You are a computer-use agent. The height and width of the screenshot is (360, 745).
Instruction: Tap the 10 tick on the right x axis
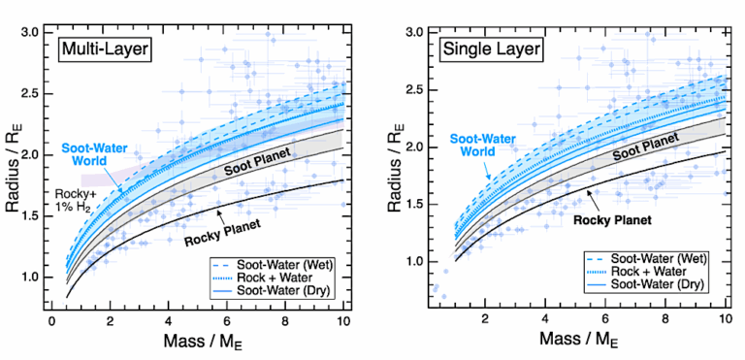point(725,319)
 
